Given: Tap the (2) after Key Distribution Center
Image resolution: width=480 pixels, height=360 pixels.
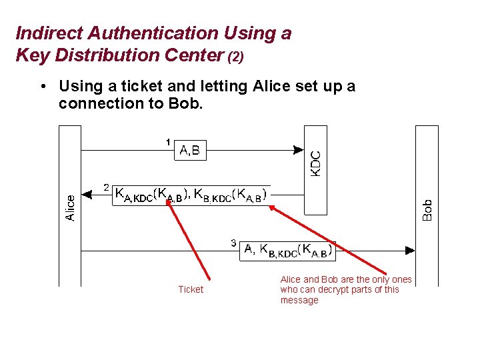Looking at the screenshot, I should pyautogui.click(x=236, y=57).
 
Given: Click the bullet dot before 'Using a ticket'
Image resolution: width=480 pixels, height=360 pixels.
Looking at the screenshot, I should pyautogui.click(x=42, y=87).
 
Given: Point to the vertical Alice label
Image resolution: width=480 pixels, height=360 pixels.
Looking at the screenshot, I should pyautogui.click(x=70, y=206).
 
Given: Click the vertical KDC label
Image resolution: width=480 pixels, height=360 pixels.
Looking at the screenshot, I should pyautogui.click(x=315, y=164).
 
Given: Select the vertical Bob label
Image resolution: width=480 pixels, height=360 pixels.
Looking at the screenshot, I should pyautogui.click(x=427, y=210).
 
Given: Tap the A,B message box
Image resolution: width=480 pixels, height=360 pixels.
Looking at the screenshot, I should pyautogui.click(x=190, y=151).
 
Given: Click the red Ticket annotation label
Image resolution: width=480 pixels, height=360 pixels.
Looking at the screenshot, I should pyautogui.click(x=191, y=289).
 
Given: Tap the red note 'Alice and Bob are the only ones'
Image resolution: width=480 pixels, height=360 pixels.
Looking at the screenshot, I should pyautogui.click(x=346, y=279).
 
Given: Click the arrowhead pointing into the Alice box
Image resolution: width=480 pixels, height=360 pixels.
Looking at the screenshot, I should pyautogui.click(x=86, y=195).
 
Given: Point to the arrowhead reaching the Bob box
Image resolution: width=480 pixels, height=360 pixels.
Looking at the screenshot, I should pyautogui.click(x=410, y=251).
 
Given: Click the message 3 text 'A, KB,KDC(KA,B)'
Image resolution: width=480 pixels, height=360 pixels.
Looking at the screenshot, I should pyautogui.click(x=287, y=250).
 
